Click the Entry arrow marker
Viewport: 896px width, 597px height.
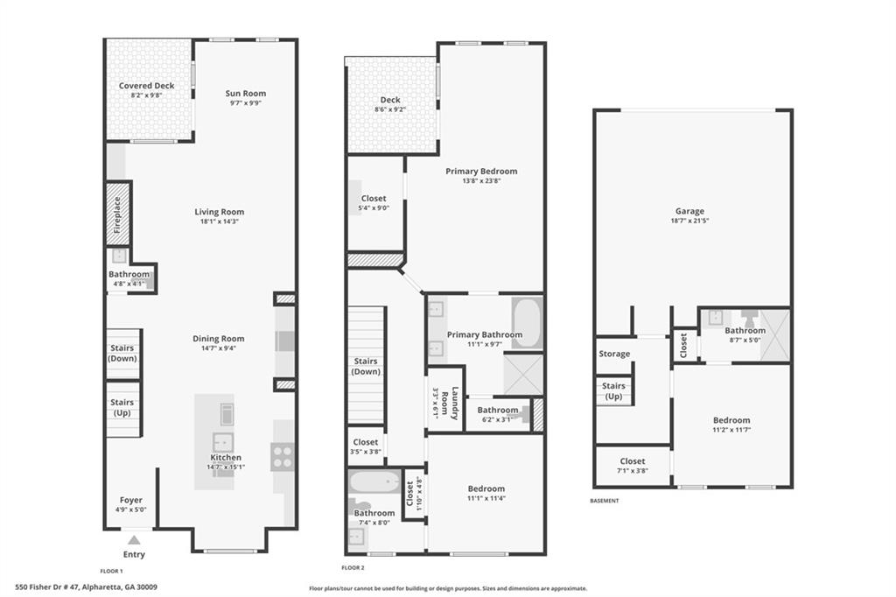point(134,540)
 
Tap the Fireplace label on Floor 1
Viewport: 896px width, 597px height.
point(118,214)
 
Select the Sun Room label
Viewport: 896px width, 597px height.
point(245,93)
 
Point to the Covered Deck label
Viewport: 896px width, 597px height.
point(146,86)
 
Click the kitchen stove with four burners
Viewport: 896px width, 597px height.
point(282,455)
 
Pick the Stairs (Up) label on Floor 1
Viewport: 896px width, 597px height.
point(122,408)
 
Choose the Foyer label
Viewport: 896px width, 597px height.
point(130,500)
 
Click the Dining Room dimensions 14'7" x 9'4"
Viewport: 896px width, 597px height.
point(219,348)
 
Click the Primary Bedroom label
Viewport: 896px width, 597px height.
point(481,171)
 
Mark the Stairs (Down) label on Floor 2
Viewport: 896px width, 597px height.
point(366,366)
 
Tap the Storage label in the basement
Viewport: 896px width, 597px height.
point(614,354)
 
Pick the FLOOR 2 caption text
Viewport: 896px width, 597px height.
point(353,568)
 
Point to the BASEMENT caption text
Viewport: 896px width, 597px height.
point(604,501)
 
